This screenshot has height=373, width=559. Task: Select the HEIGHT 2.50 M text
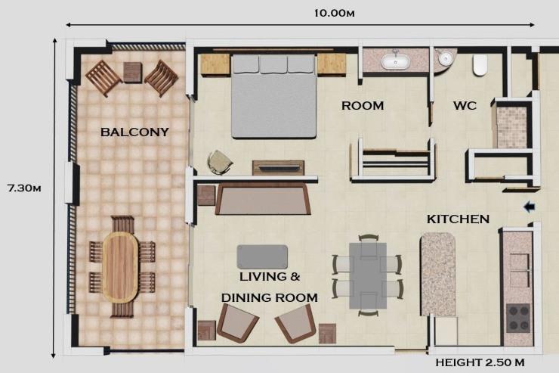pos(480,362)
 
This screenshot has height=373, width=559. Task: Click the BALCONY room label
pos(134,132)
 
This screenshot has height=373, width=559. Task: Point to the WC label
pos(465,106)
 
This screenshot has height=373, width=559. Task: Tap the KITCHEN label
pos(458,219)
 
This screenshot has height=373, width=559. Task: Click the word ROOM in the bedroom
pos(363,106)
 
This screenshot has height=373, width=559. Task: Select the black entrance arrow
pos(529,206)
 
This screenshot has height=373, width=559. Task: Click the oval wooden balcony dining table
pos(121,266)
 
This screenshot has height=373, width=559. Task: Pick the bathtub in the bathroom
pos(394,61)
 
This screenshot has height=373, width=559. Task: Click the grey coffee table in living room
pos(262,256)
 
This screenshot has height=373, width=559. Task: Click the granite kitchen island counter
pos(438,272)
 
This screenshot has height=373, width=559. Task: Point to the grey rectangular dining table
pos(369,275)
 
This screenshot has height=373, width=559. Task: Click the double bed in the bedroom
pos(273,95)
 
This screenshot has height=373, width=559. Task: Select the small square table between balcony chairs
pos(132,72)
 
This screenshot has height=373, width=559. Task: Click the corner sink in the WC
pos(446,58)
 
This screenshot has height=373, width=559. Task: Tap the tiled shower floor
pos(510,126)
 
